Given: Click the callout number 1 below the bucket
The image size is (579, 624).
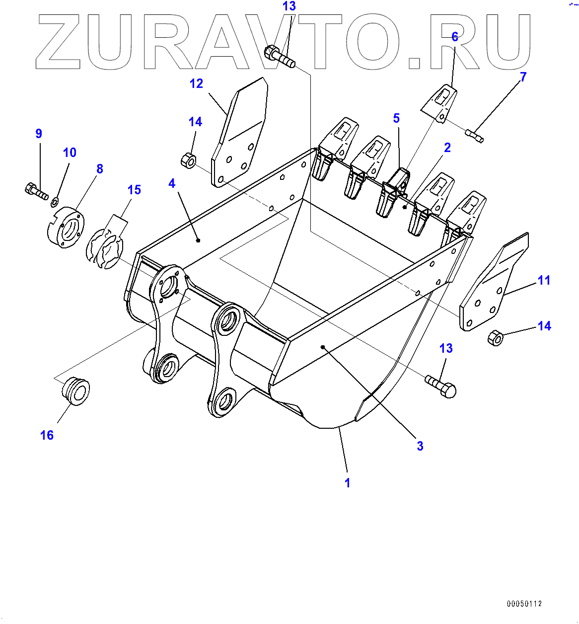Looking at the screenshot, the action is coord(348,482).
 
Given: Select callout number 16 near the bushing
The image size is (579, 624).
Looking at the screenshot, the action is coord(47,435).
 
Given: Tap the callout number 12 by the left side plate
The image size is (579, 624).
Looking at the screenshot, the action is coord(197,83).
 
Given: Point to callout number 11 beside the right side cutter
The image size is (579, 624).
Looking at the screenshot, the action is coord(544,280).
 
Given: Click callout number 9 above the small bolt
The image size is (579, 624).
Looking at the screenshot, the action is coord(39,133).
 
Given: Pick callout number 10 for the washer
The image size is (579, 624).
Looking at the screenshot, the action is coord(70,153).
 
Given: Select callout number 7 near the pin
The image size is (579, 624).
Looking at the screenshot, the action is coord(523,77).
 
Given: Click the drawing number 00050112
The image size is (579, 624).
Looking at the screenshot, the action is coord(524,604).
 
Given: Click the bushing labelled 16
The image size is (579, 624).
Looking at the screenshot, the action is coord(75,391).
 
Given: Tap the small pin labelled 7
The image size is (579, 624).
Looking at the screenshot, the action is coord(475,135).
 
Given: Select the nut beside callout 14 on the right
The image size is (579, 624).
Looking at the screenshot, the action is coord(496,338).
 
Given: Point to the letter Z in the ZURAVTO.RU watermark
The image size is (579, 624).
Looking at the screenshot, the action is coord(59,42).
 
